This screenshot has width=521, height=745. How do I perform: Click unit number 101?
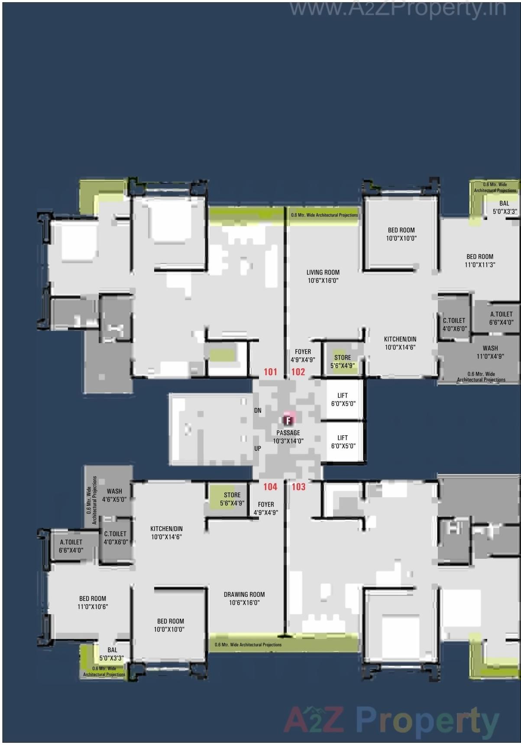tap(270, 372)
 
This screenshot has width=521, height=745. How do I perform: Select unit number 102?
tap(298, 372)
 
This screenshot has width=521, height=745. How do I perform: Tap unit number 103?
tap(298, 486)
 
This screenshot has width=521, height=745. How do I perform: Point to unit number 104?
tap(270, 486)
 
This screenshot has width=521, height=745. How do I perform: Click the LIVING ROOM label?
tap(323, 276)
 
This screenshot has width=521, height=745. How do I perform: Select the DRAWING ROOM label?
tap(244, 599)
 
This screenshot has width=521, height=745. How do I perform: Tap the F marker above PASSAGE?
tap(288, 420)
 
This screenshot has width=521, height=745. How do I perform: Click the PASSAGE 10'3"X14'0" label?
tap(288, 437)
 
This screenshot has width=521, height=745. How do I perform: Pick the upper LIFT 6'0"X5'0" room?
tap(343, 399)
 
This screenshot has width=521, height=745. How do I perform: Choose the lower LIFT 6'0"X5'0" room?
tap(343, 442)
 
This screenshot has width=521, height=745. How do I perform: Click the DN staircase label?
tap(258, 410)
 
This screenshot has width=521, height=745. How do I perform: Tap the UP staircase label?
tap(258, 448)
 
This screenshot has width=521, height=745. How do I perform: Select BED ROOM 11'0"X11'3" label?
tap(480, 260)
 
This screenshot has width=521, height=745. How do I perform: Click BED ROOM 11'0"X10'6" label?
tap(93, 602)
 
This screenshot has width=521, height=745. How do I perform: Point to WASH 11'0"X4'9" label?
tap(490, 352)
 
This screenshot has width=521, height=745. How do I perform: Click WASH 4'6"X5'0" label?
tap(114, 495)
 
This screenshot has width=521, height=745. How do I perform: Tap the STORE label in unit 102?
tap(343, 361)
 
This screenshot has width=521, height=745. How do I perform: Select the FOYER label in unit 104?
tap(266, 508)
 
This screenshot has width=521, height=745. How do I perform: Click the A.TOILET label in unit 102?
tap(502, 318)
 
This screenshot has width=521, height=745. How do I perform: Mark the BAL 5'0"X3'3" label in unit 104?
tap(112, 654)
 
